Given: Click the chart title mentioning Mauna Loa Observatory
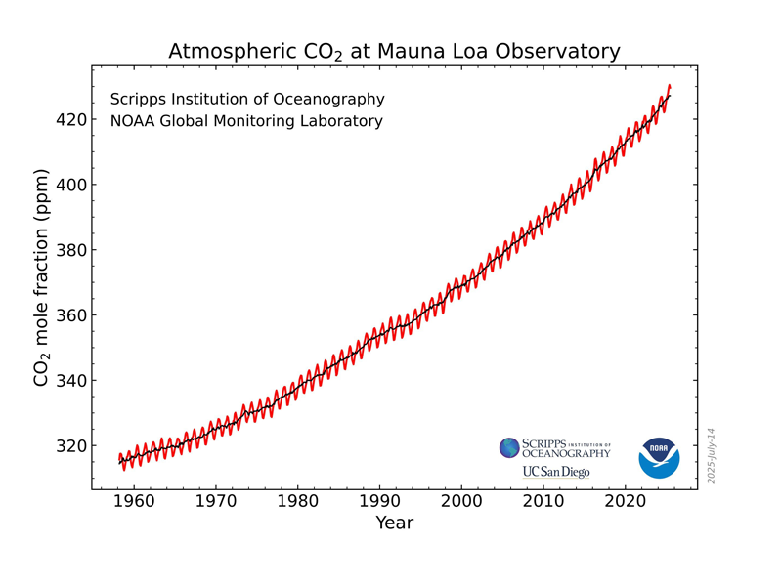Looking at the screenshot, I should [394, 51].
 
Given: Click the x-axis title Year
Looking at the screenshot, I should [394, 523].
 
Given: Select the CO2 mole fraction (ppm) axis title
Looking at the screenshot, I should [41, 277].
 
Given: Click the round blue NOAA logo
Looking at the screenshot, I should [659, 457].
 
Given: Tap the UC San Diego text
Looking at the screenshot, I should [555, 472].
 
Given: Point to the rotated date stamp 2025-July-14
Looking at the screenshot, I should [712, 455].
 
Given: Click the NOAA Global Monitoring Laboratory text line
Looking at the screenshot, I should [246, 122].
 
